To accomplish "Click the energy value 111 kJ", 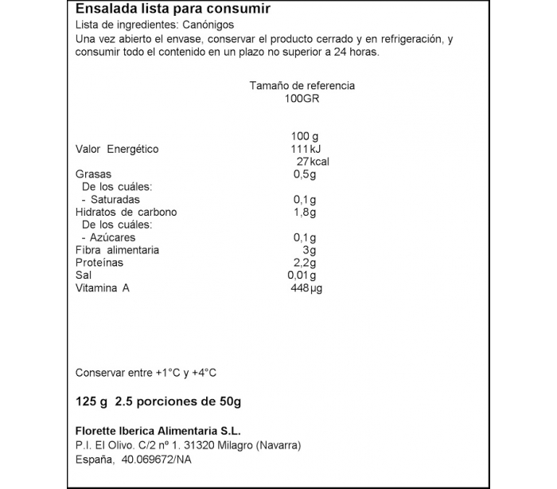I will (304, 149).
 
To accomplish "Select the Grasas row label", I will (93, 174).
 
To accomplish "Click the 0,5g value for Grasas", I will (305, 174).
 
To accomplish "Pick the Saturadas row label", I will (115, 199).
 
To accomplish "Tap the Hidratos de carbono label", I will (126, 212).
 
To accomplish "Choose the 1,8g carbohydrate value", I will (305, 212).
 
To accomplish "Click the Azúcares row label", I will (112, 237).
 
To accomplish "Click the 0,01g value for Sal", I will (302, 276).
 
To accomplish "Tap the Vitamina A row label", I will (102, 288).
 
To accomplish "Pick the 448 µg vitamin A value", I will (306, 288).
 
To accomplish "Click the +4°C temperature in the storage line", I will (202, 373).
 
